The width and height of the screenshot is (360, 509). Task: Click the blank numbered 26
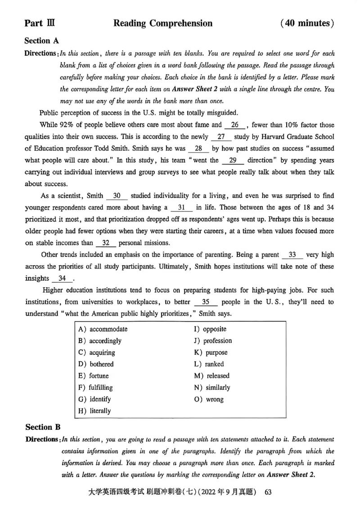click(x=234, y=125)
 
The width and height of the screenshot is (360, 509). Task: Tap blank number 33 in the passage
click(x=292, y=255)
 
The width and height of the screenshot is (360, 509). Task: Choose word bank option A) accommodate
click(x=103, y=329)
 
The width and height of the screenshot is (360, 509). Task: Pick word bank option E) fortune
click(x=94, y=376)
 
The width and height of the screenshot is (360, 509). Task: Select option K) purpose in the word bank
click(x=211, y=353)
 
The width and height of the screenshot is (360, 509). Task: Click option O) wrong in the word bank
click(x=208, y=399)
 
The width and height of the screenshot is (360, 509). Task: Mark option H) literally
click(x=94, y=411)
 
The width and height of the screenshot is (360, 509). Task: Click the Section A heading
click(x=41, y=40)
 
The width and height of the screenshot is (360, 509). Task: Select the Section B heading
click(x=43, y=427)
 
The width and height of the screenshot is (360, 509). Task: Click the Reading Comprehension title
click(x=163, y=23)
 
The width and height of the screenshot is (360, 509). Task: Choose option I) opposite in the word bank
click(x=210, y=329)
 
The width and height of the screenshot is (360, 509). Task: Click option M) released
click(x=211, y=376)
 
